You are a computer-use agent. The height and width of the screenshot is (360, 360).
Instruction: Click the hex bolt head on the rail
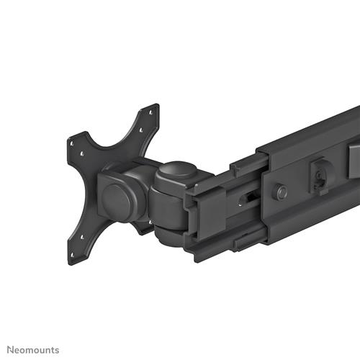click(x=282, y=192)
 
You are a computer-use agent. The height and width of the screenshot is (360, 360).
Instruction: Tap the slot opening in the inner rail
click(x=246, y=197)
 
